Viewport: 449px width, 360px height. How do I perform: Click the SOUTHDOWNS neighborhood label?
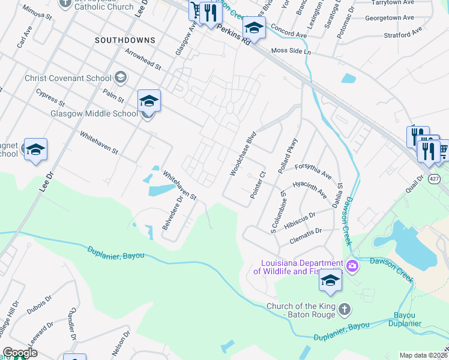pos(125,40)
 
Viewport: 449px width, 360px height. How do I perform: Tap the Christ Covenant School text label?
pos(68,78)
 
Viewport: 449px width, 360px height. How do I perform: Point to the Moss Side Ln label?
pos(291,52)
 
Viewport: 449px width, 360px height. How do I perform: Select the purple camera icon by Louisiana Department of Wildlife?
pos(352,265)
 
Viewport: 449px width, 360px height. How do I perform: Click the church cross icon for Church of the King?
pos(344,309)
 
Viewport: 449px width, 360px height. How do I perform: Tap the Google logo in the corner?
pos(20,353)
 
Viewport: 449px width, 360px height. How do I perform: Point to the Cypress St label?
pos(50,97)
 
